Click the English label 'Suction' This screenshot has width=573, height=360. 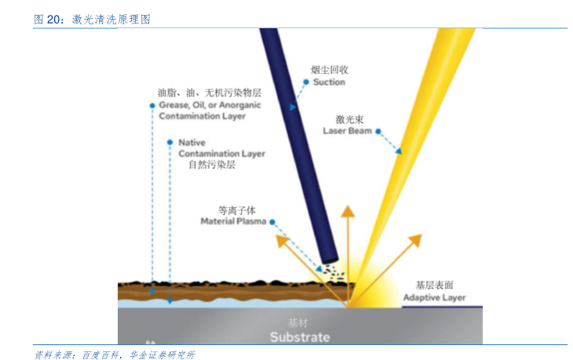[x=329, y=82]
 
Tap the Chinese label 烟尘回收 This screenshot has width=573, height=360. [x=329, y=71]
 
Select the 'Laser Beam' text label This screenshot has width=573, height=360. [x=347, y=131]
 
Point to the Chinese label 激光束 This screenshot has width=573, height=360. [x=348, y=119]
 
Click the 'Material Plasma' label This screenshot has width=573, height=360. [x=234, y=222]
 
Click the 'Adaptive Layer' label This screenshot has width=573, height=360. [x=434, y=297]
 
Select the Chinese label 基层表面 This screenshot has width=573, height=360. [x=435, y=285]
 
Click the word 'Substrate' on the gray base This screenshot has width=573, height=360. [x=300, y=337]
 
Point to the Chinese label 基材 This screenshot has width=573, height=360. [x=299, y=323]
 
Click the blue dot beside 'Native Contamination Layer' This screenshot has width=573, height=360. [x=170, y=143]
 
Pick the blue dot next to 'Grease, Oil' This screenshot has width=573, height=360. [x=151, y=104]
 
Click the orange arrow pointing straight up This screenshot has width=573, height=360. [x=345, y=235]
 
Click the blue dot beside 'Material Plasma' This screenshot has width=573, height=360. [x=272, y=222]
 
